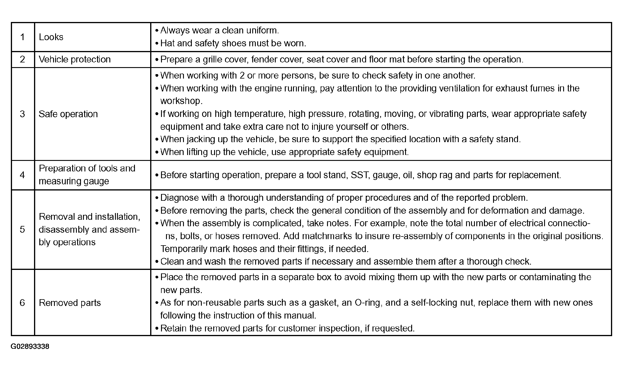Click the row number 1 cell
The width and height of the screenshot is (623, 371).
coord(23,37)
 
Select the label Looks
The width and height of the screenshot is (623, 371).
coord(51,37)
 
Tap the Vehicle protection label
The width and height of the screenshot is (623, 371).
coord(75,59)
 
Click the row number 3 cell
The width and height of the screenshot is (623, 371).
coord(23,114)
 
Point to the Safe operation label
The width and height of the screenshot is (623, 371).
coord(68,114)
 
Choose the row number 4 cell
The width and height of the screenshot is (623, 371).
coord(23,175)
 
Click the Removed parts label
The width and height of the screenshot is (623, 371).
coord(70,303)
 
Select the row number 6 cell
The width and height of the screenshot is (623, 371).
coord(23,303)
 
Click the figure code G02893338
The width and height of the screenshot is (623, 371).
coord(30,347)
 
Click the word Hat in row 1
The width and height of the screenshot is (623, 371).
coord(167,43)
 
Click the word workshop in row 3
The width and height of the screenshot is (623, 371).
coord(181,101)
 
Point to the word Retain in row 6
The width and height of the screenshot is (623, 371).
coord(173,328)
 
